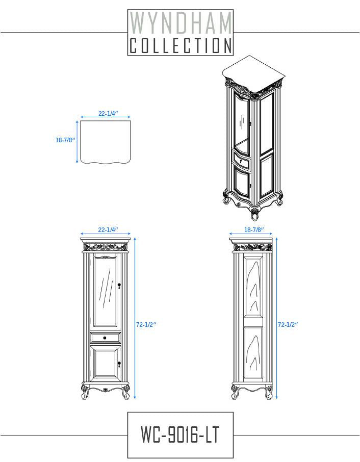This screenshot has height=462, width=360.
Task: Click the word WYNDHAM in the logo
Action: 181,23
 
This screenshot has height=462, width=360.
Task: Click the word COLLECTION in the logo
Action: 181,46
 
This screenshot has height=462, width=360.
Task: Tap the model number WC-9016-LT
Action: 181,435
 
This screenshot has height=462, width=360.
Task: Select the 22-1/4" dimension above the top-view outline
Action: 108,114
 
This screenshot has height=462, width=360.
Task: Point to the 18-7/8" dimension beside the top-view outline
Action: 65,140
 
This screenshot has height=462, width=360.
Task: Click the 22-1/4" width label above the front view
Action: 108,230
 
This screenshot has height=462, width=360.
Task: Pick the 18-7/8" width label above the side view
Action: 253,230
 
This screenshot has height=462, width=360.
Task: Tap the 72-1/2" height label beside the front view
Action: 146,324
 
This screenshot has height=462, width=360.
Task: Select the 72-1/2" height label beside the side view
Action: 288,324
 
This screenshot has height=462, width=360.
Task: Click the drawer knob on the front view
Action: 105,338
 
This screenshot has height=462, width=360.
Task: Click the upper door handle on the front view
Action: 119,286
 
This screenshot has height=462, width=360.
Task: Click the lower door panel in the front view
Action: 105,365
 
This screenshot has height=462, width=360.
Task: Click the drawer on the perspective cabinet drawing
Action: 242,163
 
